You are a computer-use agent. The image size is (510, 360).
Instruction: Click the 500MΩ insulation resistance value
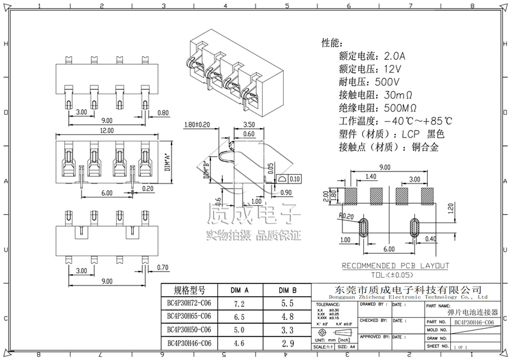(400, 108)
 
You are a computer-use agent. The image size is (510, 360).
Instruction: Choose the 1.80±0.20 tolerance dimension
(198, 125)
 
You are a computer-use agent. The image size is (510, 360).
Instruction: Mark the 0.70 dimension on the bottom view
(163, 268)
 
